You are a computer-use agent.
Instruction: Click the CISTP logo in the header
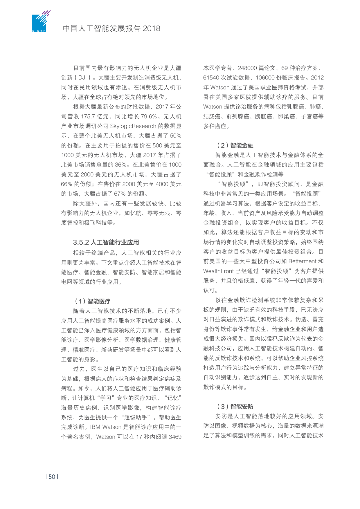click(x=40, y=22)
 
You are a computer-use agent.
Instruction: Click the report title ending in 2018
click(x=111, y=28)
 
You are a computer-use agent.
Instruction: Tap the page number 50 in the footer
click(x=52, y=477)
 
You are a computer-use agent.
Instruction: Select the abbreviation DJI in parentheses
click(x=83, y=78)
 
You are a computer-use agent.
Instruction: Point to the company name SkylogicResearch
click(x=133, y=126)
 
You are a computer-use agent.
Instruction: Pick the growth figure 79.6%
click(x=149, y=117)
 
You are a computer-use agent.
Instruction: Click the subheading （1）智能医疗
click(x=93, y=301)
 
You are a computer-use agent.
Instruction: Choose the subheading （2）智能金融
click(x=235, y=145)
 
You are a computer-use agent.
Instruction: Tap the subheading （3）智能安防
click(x=235, y=407)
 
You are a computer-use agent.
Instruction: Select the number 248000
click(x=247, y=68)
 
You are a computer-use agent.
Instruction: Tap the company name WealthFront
click(x=218, y=271)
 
